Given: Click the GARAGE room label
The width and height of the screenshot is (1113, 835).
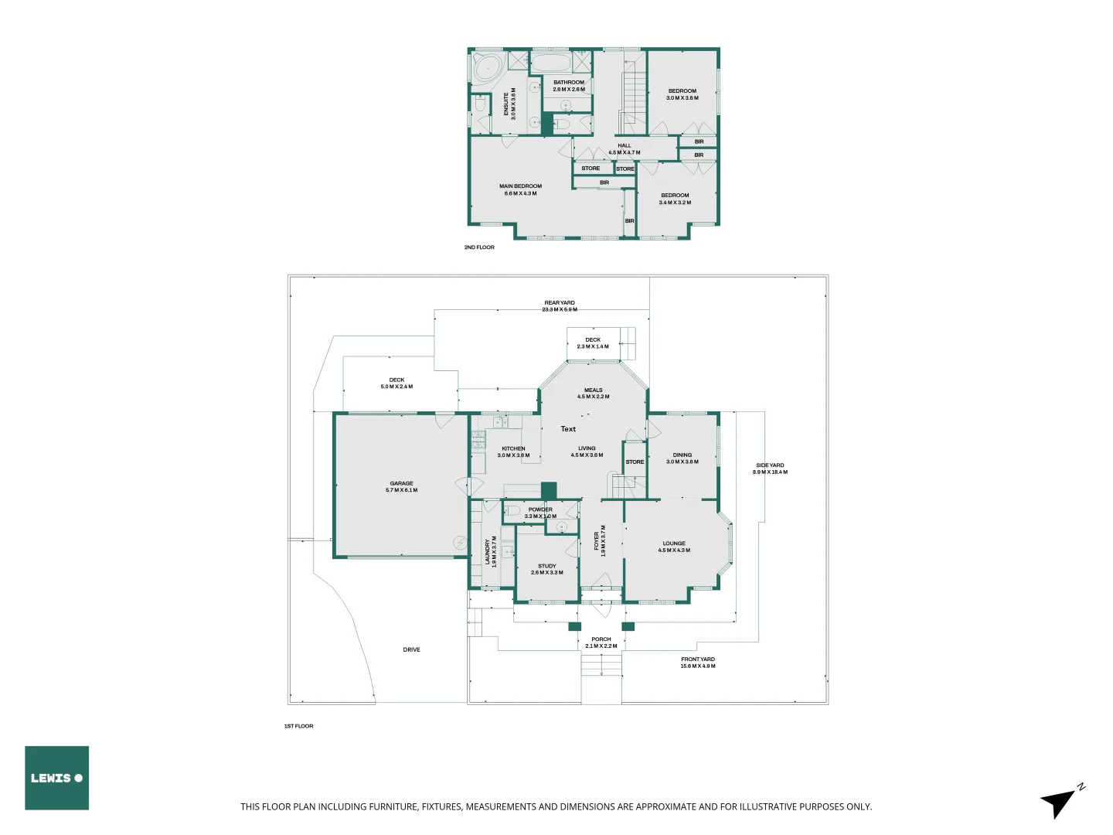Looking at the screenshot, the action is click(401, 487).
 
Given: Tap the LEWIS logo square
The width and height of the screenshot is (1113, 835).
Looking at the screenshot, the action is click(56, 778).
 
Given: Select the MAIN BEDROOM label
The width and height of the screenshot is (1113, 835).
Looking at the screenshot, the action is click(520, 189).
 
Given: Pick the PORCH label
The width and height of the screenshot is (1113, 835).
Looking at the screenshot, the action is click(601, 642).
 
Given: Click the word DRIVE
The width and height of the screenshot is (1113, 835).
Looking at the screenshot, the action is click(411, 649).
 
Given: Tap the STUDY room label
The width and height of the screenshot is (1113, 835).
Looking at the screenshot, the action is click(546, 569).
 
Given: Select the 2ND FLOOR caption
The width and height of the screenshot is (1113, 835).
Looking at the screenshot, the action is click(479, 247).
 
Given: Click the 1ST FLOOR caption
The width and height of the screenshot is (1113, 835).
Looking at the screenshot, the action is click(298, 726).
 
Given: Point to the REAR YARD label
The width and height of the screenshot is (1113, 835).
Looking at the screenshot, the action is click(560, 305).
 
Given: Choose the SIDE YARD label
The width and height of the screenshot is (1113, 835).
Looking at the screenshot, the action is click(770, 469).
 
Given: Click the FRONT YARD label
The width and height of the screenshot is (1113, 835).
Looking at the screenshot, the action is click(698, 663).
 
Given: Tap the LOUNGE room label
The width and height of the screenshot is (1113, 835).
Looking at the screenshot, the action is click(674, 547).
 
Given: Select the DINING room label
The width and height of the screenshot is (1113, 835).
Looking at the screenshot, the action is click(682, 458).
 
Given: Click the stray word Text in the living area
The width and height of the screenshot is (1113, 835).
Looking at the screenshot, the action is click(568, 429).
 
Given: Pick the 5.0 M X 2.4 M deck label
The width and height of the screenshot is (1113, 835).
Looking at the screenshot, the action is click(397, 387).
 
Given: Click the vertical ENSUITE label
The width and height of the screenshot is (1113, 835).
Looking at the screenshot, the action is click(509, 103).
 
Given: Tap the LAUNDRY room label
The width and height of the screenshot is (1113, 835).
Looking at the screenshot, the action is click(490, 551).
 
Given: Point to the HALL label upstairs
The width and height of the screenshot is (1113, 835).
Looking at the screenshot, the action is click(625, 149).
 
